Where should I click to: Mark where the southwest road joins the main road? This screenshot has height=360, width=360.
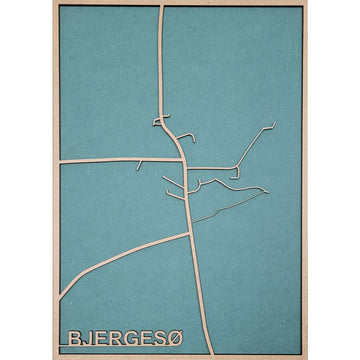(189, 233)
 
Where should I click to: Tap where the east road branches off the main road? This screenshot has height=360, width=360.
(185, 166)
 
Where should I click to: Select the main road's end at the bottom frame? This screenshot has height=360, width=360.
(193, 352)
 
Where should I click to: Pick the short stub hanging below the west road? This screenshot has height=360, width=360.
(141, 163)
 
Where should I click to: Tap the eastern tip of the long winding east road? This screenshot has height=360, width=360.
(264, 189)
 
